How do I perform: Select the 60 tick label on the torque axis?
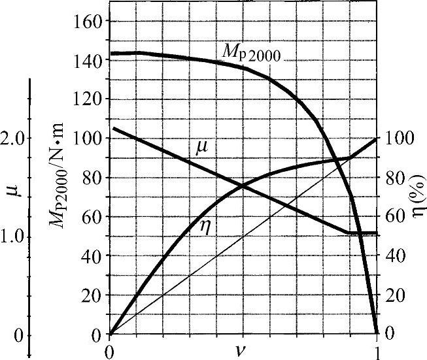[94, 216]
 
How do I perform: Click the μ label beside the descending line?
[202, 148]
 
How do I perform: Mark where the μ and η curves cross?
[243, 186]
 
